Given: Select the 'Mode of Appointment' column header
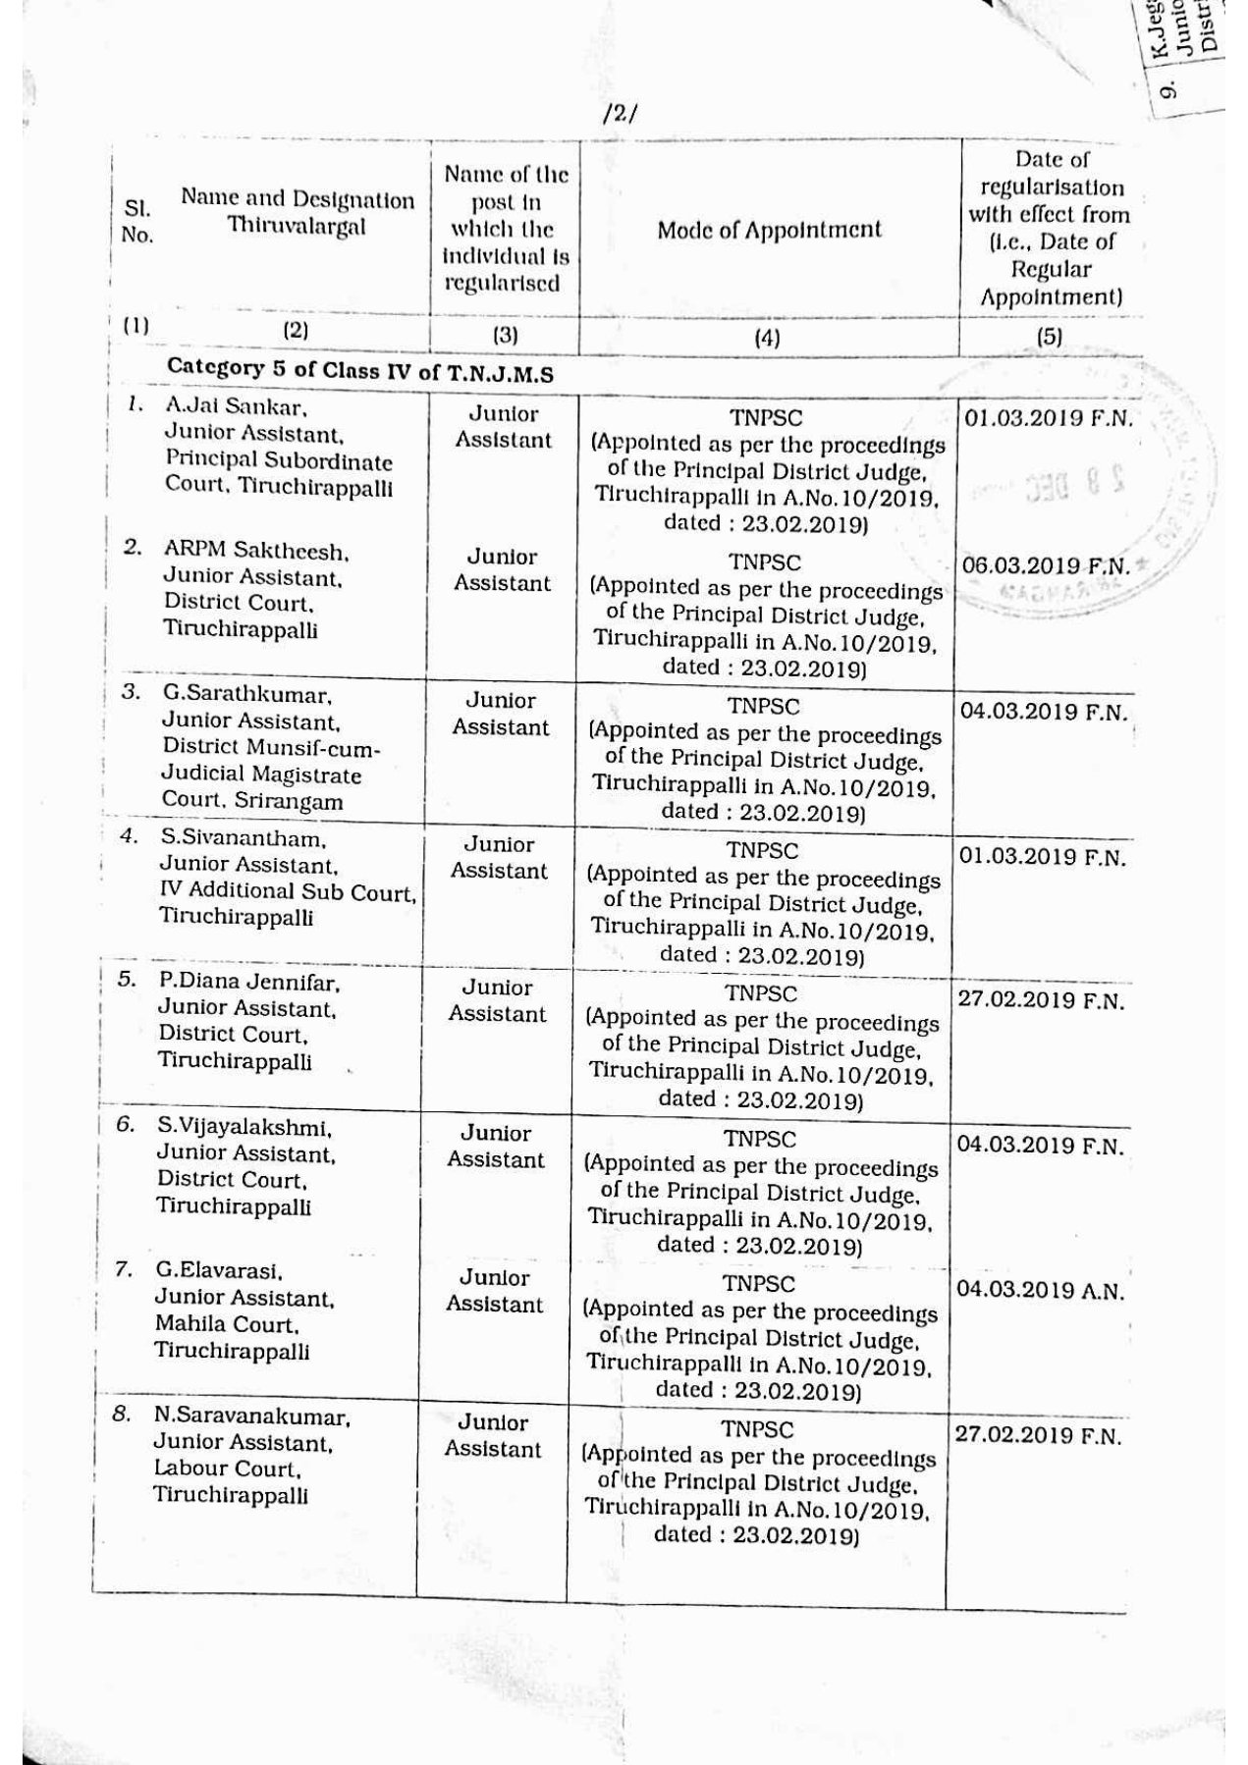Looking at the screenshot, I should (x=769, y=231).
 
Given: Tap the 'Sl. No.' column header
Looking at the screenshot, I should (x=137, y=223).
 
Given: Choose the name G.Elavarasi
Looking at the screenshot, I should (x=219, y=1270).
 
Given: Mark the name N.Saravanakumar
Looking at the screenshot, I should (x=251, y=1417).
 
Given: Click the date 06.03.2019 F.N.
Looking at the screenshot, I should (x=1046, y=566).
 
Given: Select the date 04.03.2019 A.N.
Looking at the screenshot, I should (x=1039, y=1290).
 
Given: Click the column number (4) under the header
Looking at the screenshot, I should (x=767, y=338).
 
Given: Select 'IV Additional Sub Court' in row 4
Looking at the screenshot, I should (x=287, y=891).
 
